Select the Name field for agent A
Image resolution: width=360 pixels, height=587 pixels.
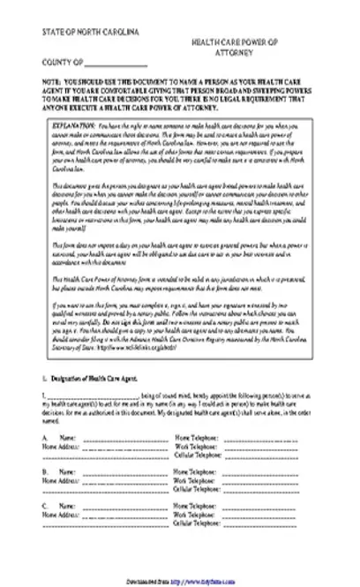coord(115,437)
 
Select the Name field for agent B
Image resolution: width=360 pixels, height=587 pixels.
coord(115,472)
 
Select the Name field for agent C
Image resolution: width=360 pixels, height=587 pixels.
coord(115,508)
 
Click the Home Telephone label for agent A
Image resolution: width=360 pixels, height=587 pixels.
coord(198,437)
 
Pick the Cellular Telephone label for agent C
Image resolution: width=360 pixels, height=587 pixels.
coord(201,522)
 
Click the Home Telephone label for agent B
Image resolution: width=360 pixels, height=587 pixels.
coord(198,472)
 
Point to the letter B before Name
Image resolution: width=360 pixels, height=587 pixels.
coord(44,472)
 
